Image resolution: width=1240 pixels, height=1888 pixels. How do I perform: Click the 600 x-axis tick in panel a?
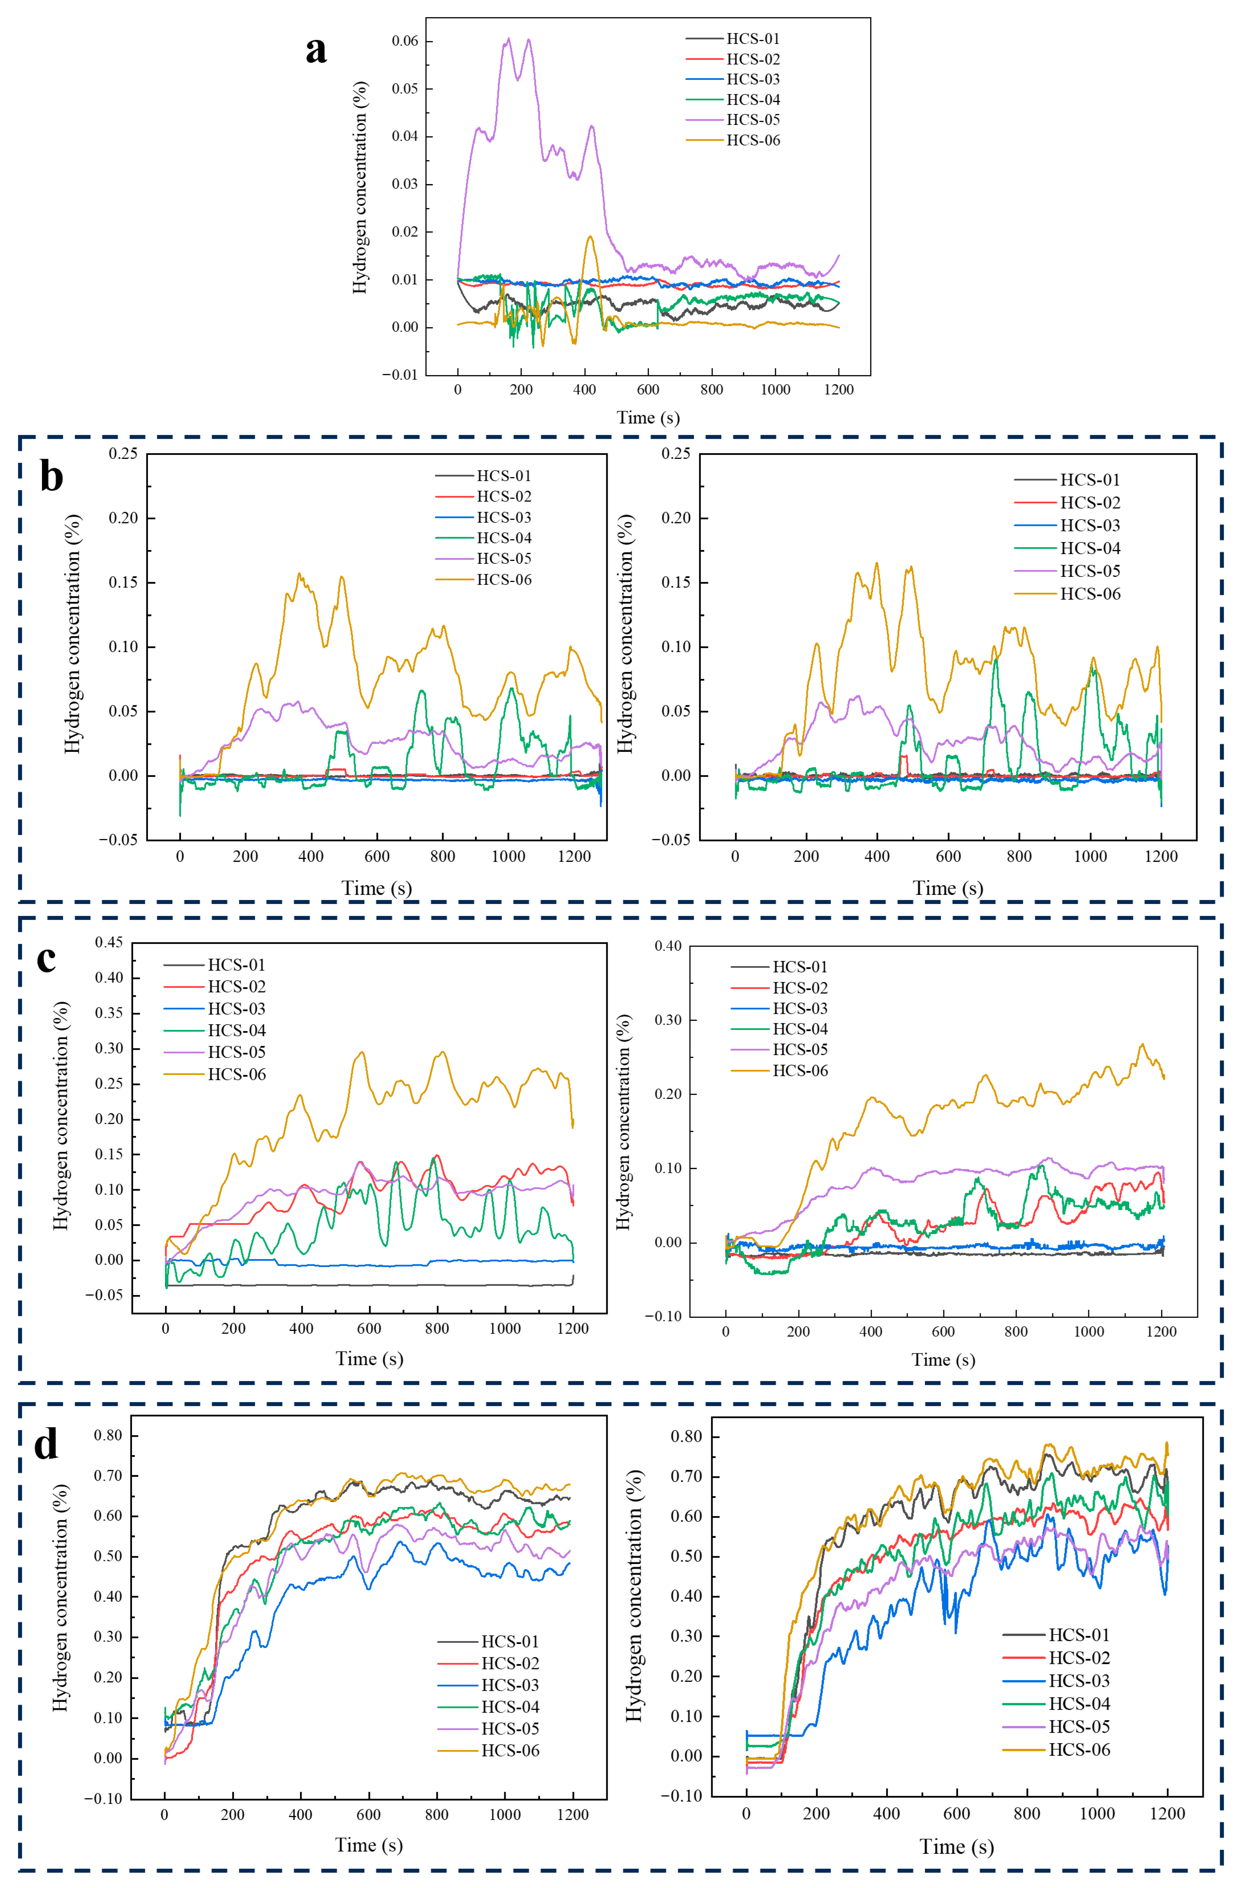tap(648, 389)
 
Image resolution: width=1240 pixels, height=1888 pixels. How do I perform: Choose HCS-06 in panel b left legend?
tap(504, 580)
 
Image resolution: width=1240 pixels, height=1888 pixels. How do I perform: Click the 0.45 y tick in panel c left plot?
tap(109, 942)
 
